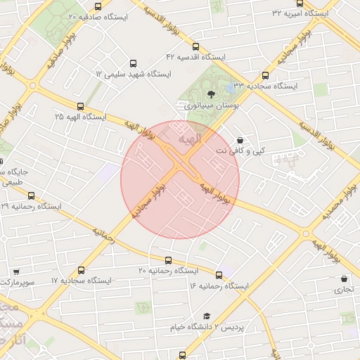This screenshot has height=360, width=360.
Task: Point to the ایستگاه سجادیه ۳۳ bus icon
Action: coord(265,76)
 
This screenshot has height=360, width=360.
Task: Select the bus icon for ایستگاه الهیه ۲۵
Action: coord(80,107)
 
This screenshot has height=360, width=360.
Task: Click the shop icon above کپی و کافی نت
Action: coord(241,140)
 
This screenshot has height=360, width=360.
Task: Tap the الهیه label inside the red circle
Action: coord(190,141)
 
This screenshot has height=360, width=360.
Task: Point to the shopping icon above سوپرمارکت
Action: coord(16,271)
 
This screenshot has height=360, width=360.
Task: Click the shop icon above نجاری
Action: coord(344,278)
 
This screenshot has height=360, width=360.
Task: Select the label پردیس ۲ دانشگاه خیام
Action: coord(207,328)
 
